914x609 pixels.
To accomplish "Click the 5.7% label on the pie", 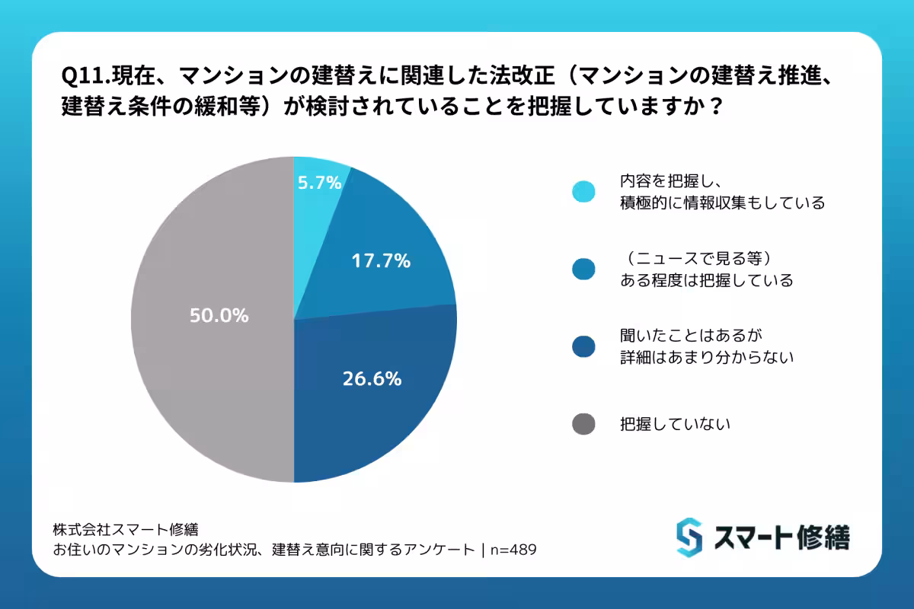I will pyautogui.click(x=319, y=183).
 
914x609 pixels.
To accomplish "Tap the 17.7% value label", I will pyautogui.click(x=381, y=261).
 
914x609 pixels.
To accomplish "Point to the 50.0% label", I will pyautogui.click(x=219, y=315).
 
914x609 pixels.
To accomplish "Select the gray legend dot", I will pyautogui.click(x=583, y=424).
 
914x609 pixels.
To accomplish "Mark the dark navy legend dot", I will pyautogui.click(x=583, y=346).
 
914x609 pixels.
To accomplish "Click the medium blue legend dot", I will pyautogui.click(x=583, y=269).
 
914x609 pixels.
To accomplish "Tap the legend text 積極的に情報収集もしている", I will pyautogui.click(x=722, y=203).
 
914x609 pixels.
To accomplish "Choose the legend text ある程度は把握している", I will pyautogui.click(x=707, y=280).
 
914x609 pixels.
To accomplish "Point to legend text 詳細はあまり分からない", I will pyautogui.click(x=707, y=356).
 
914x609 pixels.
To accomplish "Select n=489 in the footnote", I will pyautogui.click(x=517, y=550).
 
